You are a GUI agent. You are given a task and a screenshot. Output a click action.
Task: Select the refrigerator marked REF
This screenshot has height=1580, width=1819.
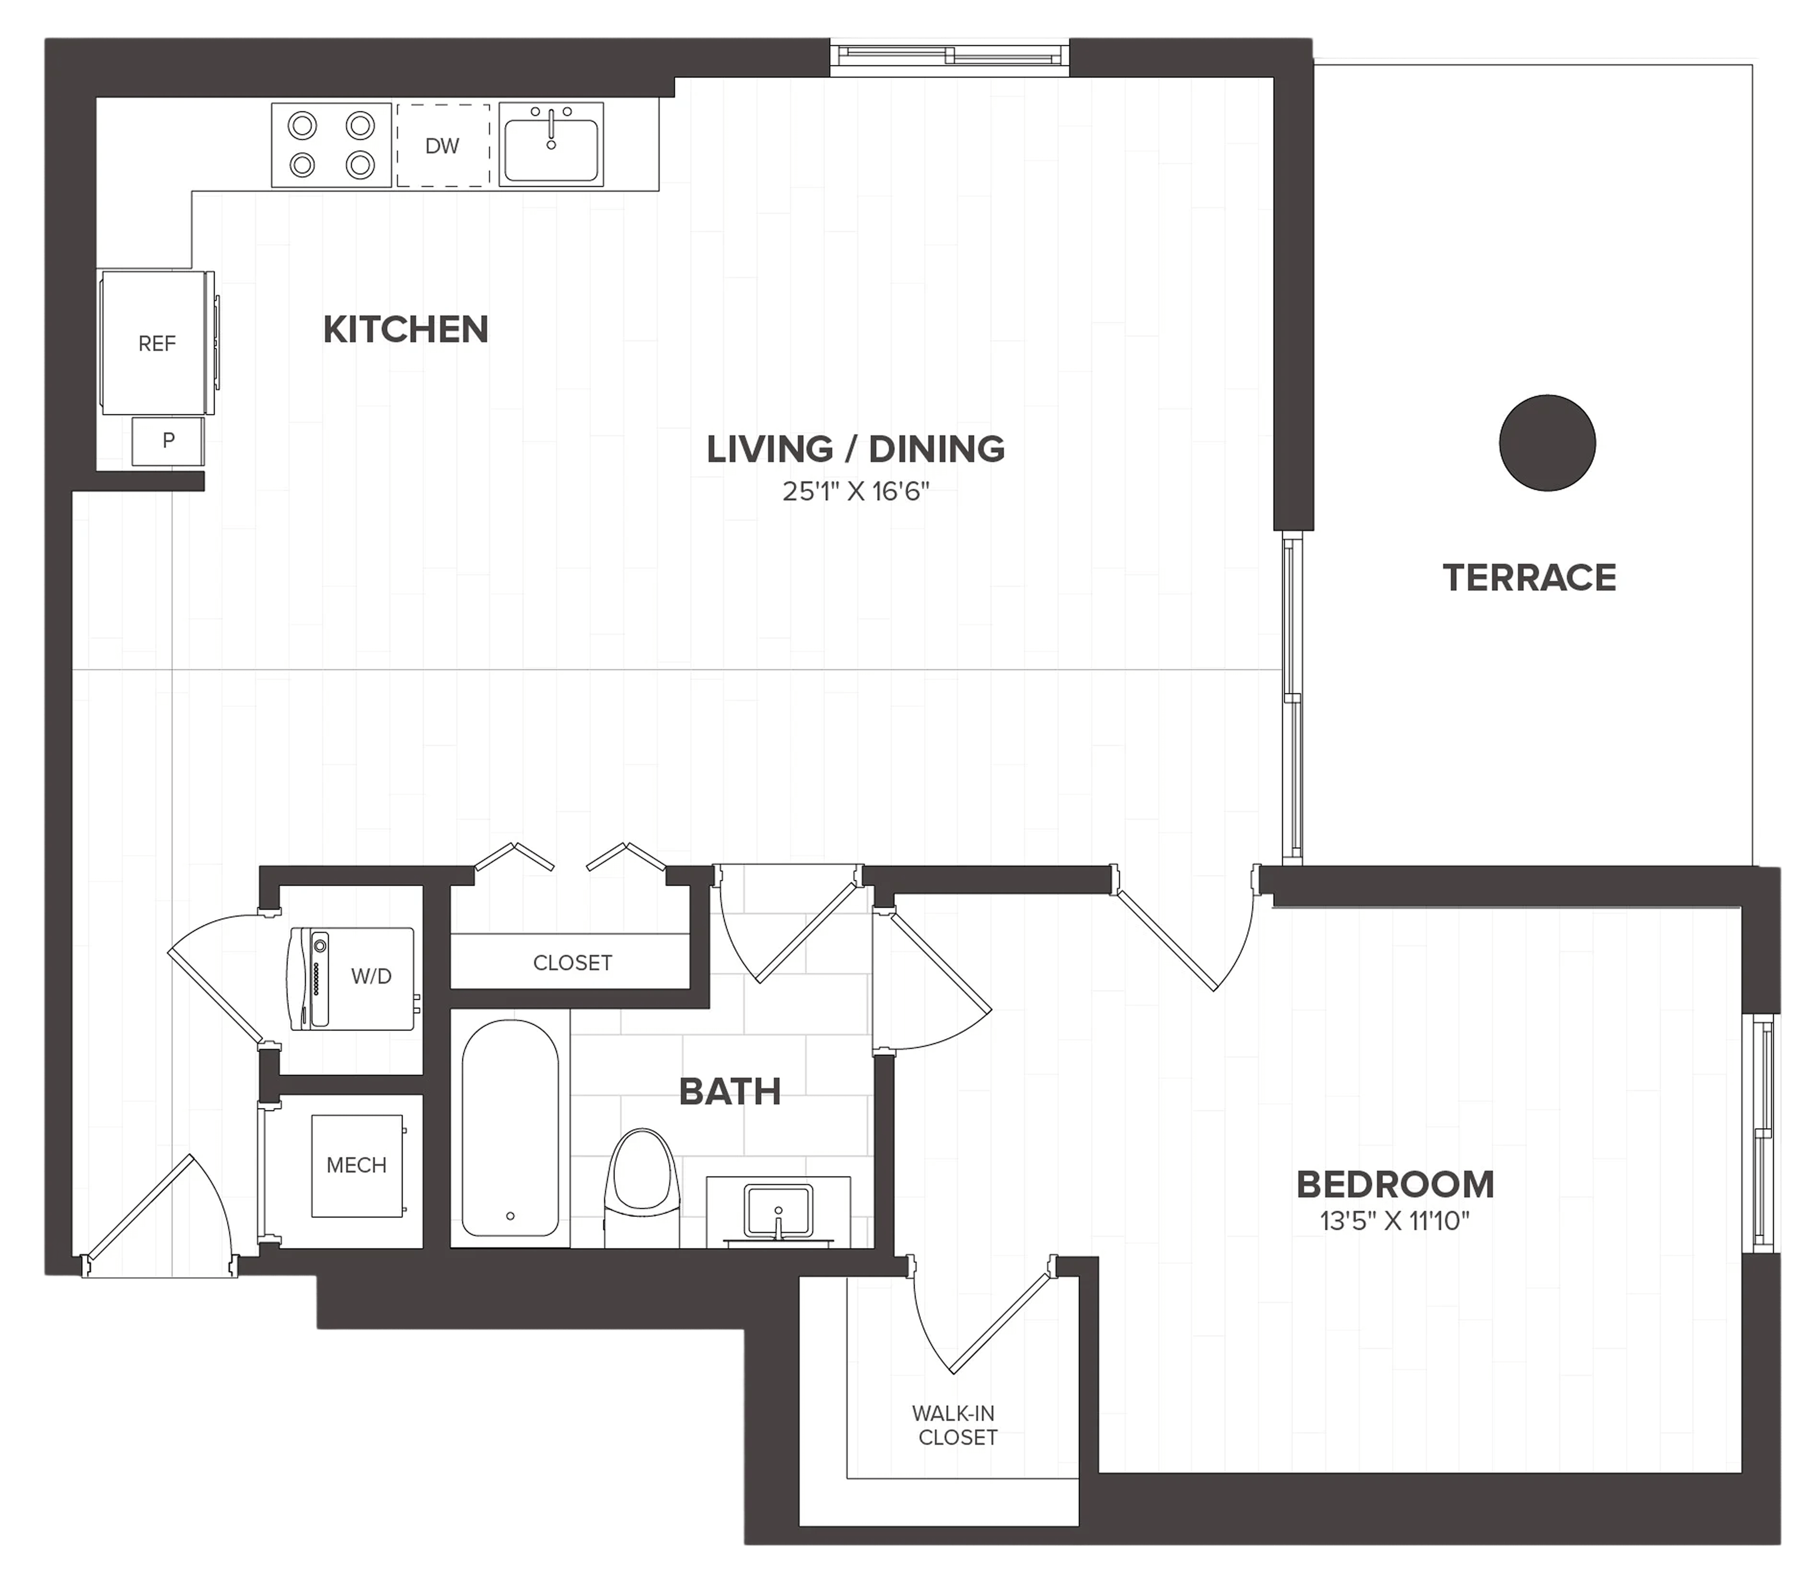[157, 343]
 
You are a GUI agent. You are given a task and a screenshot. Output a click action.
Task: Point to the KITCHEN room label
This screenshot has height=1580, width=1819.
[406, 330]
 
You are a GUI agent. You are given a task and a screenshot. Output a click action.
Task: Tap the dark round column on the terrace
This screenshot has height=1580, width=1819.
[1548, 442]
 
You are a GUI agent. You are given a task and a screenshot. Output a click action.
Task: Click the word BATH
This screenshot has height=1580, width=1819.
[730, 1092]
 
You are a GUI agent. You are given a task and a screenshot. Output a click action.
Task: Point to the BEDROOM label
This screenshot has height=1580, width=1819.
[1395, 1185]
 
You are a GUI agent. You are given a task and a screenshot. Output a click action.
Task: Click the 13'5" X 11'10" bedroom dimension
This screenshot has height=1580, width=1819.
[1395, 1221]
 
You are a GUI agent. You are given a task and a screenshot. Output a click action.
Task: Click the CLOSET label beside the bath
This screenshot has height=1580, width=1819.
[572, 963]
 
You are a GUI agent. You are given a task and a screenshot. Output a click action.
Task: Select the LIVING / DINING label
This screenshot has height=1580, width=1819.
[855, 450]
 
